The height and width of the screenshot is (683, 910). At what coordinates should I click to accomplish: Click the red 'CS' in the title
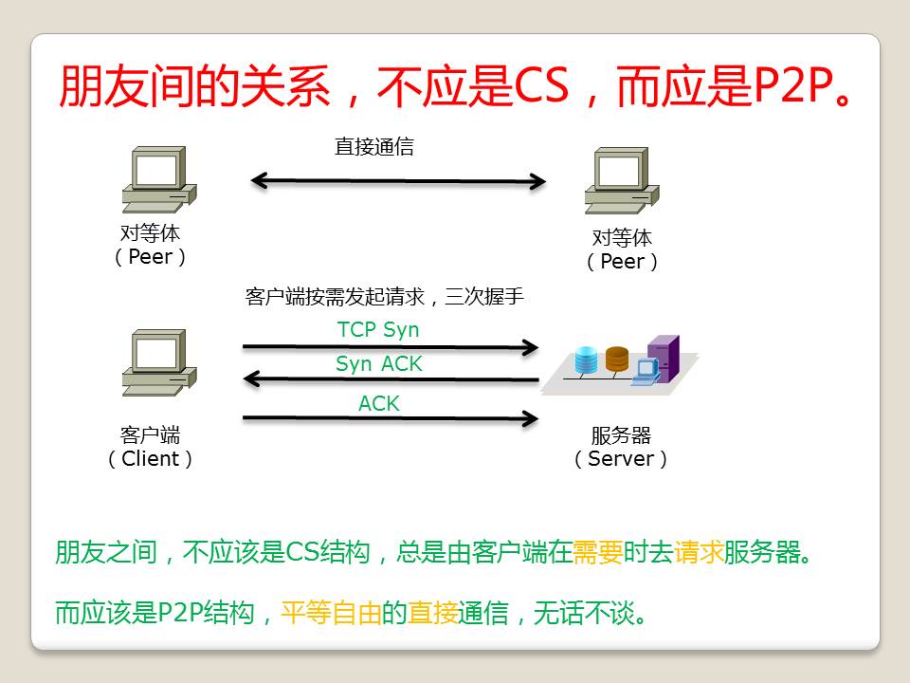click(x=541, y=86)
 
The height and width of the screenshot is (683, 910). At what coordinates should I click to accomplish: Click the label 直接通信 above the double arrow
click(x=374, y=146)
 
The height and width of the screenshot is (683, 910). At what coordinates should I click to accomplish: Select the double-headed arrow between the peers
click(x=397, y=181)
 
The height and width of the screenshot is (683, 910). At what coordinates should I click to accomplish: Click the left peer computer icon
click(x=159, y=179)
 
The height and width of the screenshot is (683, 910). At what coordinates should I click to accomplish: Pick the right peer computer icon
click(x=622, y=180)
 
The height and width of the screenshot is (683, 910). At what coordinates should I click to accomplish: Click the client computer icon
click(x=159, y=363)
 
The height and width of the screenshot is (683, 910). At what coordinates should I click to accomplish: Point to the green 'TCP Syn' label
click(x=378, y=329)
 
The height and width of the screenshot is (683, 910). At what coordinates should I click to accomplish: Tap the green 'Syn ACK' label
click(x=379, y=363)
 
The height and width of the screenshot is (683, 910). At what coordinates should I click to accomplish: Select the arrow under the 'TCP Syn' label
click(x=391, y=347)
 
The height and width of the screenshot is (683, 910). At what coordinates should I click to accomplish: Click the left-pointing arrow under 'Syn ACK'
click(x=391, y=379)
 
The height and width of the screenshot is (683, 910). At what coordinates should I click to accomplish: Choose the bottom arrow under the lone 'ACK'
click(x=391, y=418)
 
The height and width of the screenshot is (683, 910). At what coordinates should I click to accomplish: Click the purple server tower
click(x=664, y=358)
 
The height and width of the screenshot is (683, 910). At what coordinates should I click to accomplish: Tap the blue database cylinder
click(x=586, y=360)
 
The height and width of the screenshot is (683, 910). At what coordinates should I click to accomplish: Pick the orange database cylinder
click(x=617, y=359)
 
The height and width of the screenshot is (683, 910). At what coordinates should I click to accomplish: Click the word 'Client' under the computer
click(x=151, y=458)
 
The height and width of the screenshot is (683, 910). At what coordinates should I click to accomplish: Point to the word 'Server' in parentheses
click(x=621, y=458)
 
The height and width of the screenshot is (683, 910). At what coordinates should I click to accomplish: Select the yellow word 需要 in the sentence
click(x=598, y=552)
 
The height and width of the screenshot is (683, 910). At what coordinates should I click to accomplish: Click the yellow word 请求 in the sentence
click(x=699, y=552)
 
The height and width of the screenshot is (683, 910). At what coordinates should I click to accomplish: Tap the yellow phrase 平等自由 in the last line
click(x=332, y=612)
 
